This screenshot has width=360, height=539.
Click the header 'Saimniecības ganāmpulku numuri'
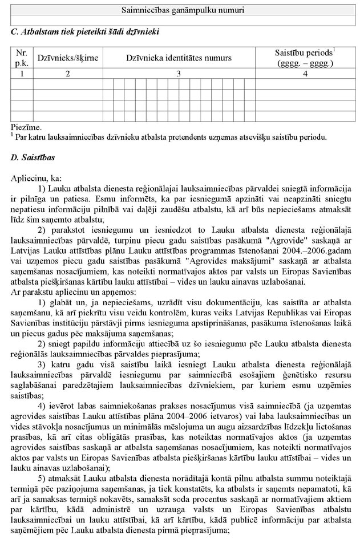tap(180, 10)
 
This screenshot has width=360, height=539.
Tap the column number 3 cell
tap(179, 73)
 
